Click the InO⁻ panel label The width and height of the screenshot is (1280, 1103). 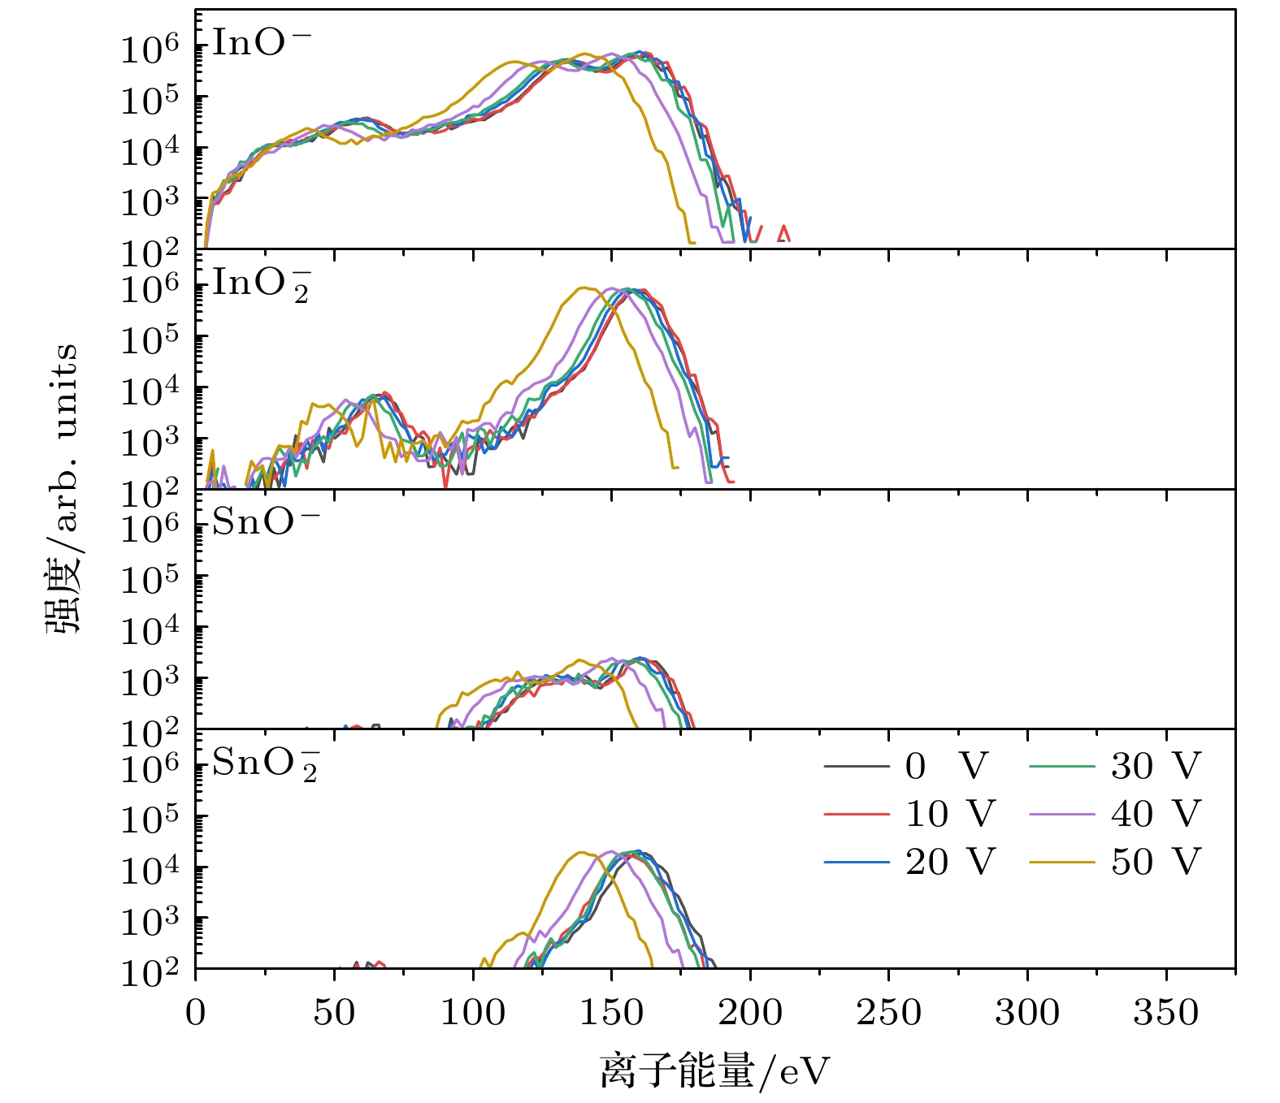261,43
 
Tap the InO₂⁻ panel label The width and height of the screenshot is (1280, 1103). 261,284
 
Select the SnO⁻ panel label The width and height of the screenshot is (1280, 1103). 265,522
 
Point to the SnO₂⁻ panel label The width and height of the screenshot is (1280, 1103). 265,764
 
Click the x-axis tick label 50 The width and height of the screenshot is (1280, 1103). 334,1013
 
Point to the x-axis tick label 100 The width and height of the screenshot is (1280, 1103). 473,1013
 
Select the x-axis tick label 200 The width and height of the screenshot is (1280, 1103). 750,1013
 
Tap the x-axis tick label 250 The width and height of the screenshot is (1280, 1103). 889,1013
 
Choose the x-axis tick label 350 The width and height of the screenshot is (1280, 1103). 1166,1013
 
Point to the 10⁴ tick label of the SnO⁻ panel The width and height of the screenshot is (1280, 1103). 150,630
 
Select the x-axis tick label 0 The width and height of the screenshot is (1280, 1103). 196,1013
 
